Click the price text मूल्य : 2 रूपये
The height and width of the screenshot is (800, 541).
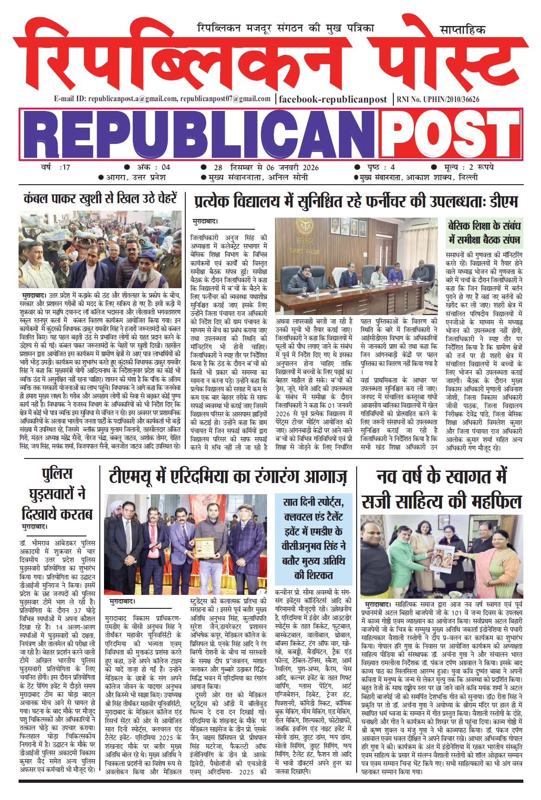click(x=464, y=168)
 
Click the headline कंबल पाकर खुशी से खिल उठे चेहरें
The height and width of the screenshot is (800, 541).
click(x=100, y=200)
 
